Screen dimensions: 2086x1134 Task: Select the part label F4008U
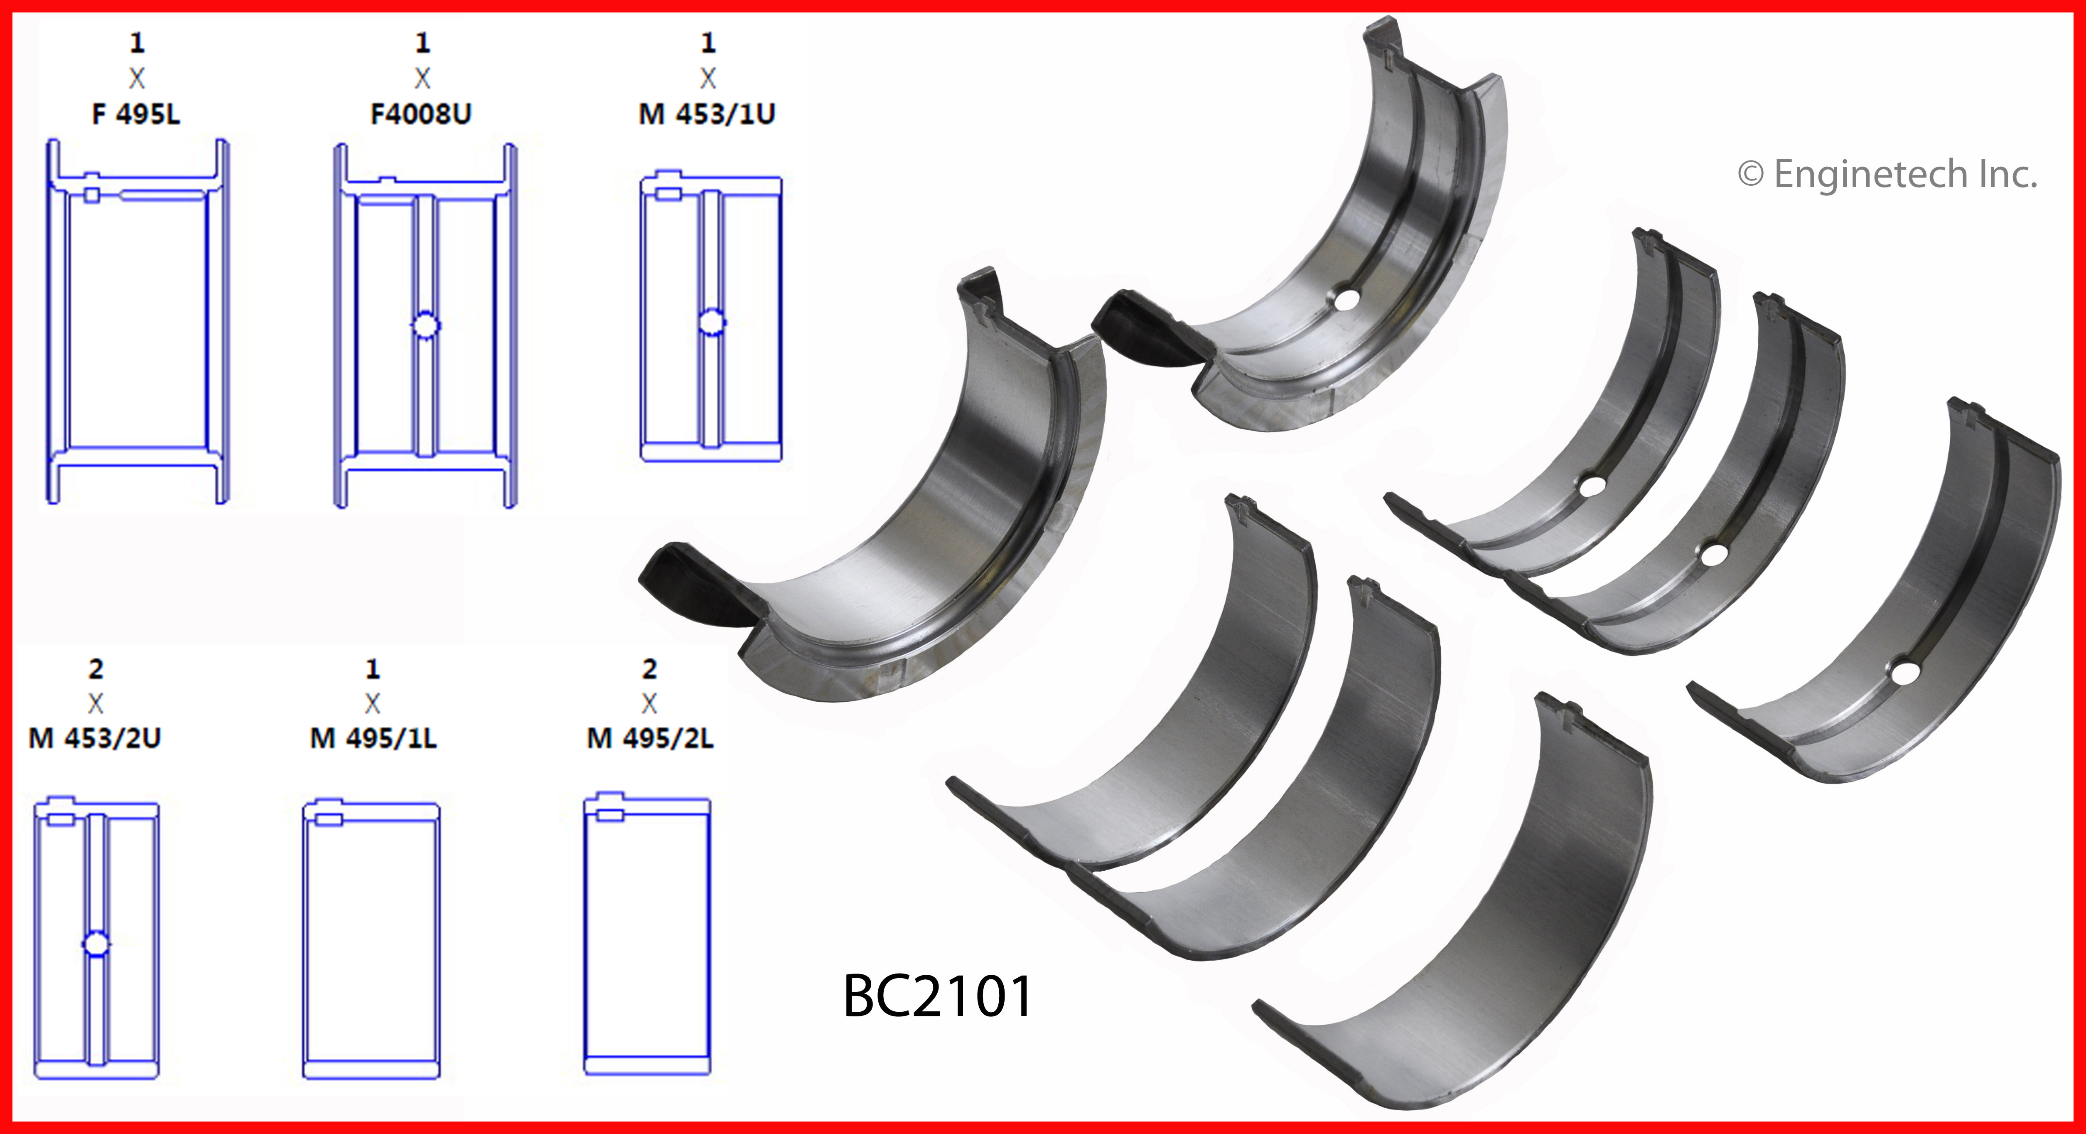[421, 114]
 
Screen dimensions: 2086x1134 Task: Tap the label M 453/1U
[707, 114]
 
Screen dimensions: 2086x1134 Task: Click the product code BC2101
[938, 996]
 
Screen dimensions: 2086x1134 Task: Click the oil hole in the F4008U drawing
[425, 325]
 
